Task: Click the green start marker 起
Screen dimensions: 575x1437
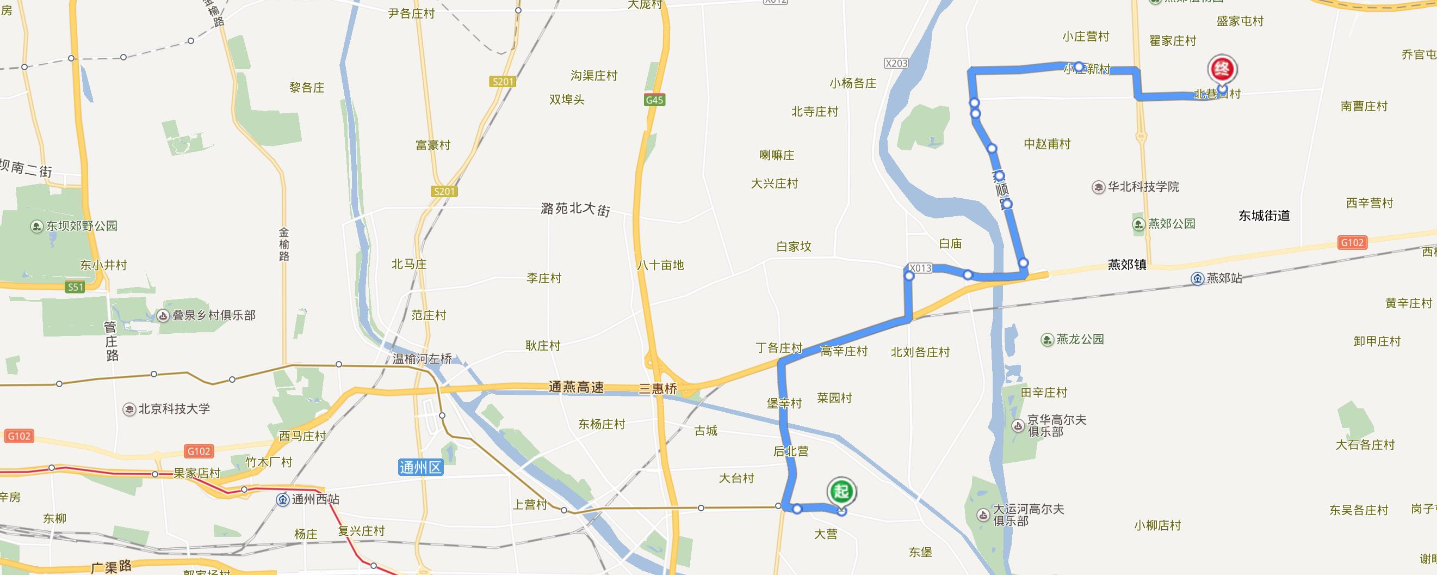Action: [841, 491]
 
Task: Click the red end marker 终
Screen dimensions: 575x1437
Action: [1222, 70]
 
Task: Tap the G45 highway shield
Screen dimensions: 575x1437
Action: [654, 101]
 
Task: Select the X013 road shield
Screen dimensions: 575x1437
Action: [919, 268]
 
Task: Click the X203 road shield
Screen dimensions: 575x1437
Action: [896, 63]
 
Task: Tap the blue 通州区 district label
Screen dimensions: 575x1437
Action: [420, 467]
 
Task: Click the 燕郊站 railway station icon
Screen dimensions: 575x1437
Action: [1197, 279]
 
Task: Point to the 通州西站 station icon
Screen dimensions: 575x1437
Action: [283, 500]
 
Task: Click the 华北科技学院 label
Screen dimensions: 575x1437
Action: [1143, 187]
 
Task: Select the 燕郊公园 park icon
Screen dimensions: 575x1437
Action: [1138, 224]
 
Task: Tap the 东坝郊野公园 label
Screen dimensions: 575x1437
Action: [82, 226]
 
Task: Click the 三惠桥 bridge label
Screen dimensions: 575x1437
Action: [658, 389]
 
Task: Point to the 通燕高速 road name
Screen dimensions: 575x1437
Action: [575, 387]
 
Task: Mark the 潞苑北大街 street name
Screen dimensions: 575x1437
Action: [575, 209]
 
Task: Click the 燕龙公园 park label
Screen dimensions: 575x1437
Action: [1080, 339]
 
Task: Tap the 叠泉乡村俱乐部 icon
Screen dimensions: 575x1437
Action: [163, 316]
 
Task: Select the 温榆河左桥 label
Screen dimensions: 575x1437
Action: [422, 358]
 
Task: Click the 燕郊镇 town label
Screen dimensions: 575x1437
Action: [1127, 265]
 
